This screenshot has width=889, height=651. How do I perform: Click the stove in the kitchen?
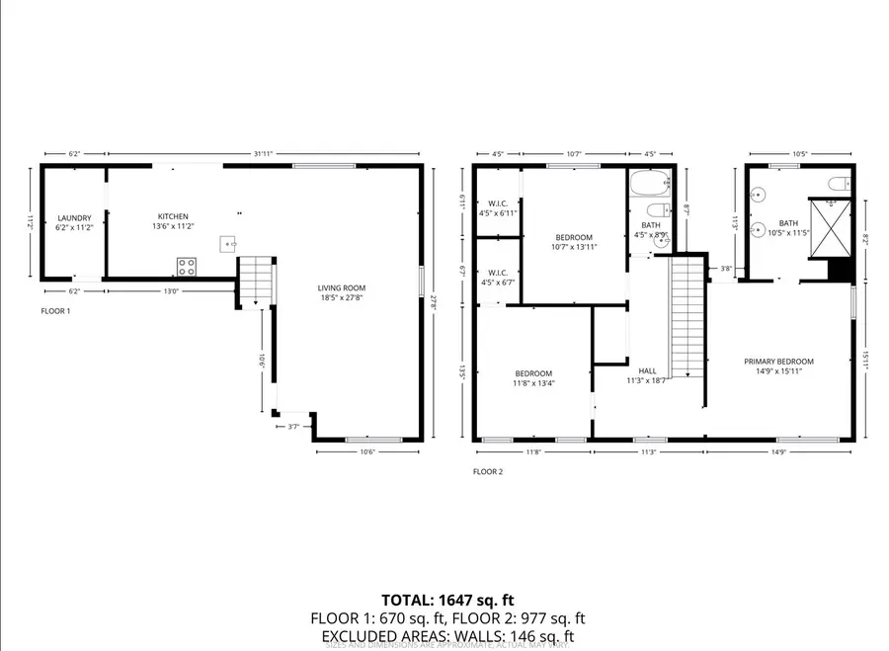186,265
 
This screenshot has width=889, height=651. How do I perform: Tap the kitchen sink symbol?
228,242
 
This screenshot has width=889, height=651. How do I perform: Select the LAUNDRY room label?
74,217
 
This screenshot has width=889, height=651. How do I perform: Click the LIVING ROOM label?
342,288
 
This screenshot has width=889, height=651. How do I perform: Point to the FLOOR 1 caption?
55,310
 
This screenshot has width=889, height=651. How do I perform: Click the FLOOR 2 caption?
488,471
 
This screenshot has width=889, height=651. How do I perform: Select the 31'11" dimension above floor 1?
263,153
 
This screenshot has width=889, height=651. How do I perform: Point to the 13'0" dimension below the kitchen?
171,290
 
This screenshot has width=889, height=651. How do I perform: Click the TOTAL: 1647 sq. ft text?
447,600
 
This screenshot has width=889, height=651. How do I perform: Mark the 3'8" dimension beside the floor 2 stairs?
726,268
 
